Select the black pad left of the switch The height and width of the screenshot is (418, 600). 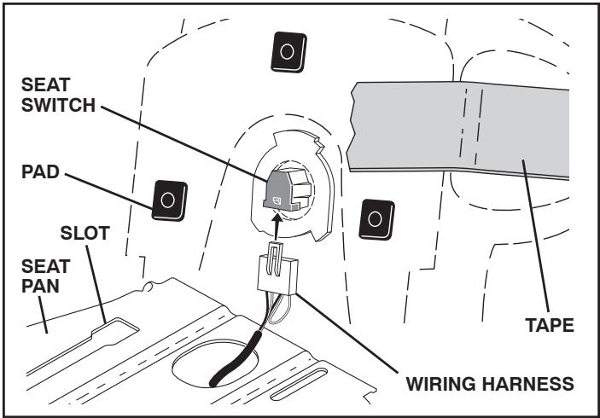click(167, 199)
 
